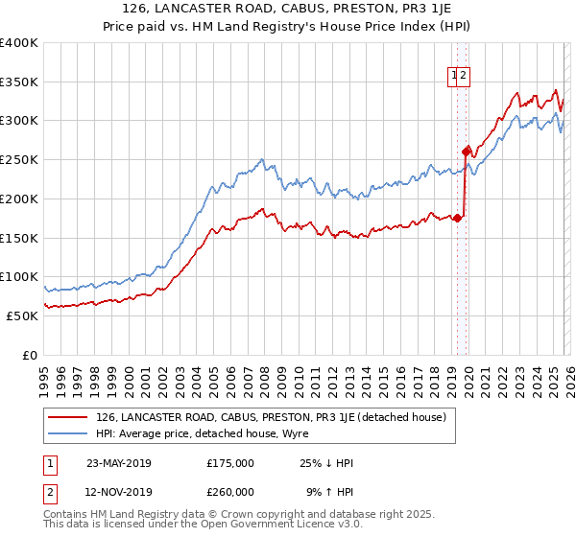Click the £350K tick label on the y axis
(x=19, y=82)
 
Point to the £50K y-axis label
(x=22, y=315)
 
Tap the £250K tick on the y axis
(x=19, y=160)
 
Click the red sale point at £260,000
(x=466, y=152)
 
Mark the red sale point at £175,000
(x=458, y=218)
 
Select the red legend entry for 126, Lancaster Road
(x=270, y=417)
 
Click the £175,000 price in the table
(x=230, y=462)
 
